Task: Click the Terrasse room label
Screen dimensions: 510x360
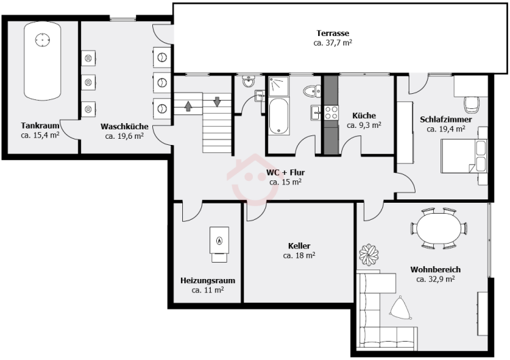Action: pyautogui.click(x=333, y=33)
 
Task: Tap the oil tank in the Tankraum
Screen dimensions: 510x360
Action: pyautogui.click(x=42, y=61)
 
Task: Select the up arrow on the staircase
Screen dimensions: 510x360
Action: pyautogui.click(x=188, y=105)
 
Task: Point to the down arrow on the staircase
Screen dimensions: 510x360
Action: pyautogui.click(x=218, y=101)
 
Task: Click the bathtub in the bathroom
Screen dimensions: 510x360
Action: pyautogui.click(x=279, y=116)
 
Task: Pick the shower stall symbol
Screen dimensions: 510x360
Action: pyautogui.click(x=278, y=86)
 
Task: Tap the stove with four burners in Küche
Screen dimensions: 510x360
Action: pyautogui.click(x=331, y=112)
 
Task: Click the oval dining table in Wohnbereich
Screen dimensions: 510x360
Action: pyautogui.click(x=439, y=228)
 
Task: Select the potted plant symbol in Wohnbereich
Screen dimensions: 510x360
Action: pyautogui.click(x=369, y=255)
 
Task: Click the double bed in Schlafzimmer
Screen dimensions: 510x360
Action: pyautogui.click(x=464, y=156)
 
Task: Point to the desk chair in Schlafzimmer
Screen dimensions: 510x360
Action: pyautogui.click(x=472, y=105)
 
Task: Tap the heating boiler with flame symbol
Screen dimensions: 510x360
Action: pyautogui.click(x=219, y=244)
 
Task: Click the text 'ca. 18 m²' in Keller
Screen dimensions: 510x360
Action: pyautogui.click(x=299, y=255)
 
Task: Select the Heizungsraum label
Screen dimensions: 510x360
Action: pyautogui.click(x=208, y=280)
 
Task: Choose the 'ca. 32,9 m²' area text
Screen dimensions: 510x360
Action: pyautogui.click(x=435, y=279)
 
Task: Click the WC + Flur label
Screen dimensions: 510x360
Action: pyautogui.click(x=286, y=172)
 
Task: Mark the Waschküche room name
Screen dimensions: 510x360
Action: pyautogui.click(x=124, y=127)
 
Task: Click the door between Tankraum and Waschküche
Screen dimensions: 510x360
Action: pyautogui.click(x=70, y=130)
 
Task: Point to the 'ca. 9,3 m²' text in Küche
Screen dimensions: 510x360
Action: pyautogui.click(x=364, y=125)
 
